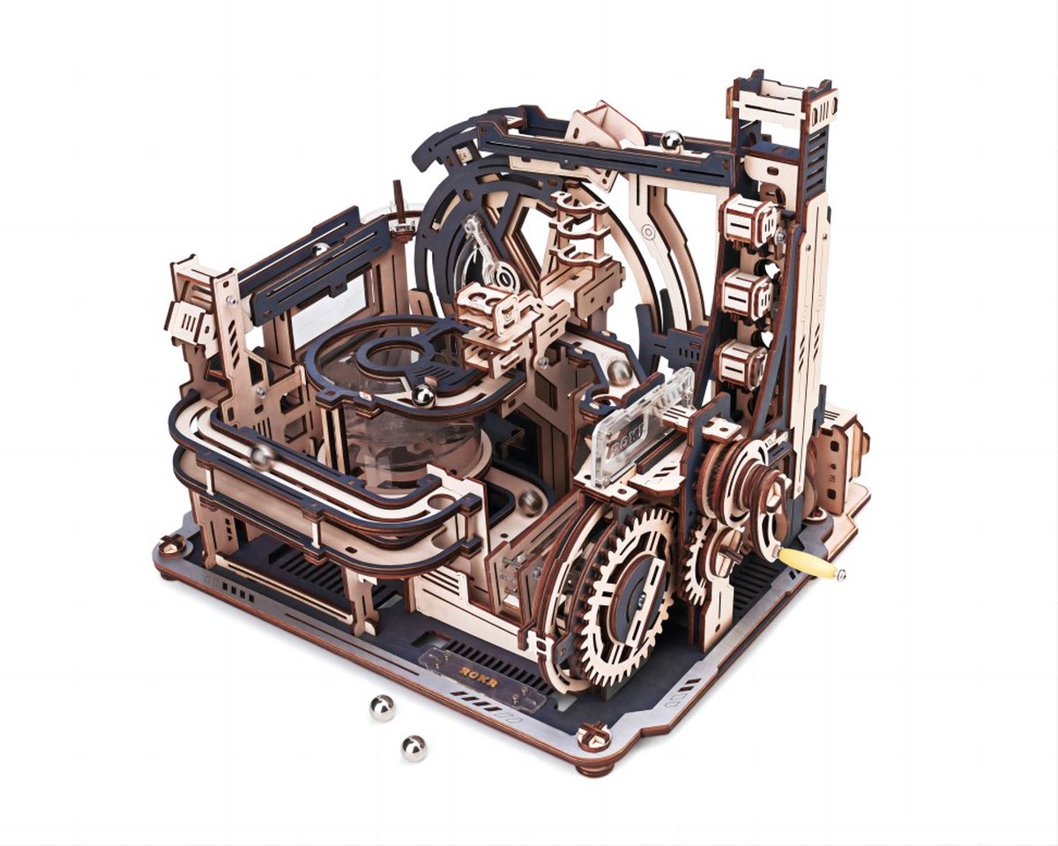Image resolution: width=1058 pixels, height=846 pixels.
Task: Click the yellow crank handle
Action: [x=808, y=563]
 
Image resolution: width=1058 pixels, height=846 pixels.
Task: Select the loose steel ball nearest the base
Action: [x=382, y=707]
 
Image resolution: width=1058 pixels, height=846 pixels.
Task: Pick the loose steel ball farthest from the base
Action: [x=414, y=748]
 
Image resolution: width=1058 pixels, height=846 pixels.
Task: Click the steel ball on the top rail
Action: [x=673, y=139]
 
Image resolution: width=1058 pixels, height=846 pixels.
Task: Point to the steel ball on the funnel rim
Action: [x=424, y=395]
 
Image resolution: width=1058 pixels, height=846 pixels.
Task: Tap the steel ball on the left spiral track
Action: [x=262, y=456]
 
